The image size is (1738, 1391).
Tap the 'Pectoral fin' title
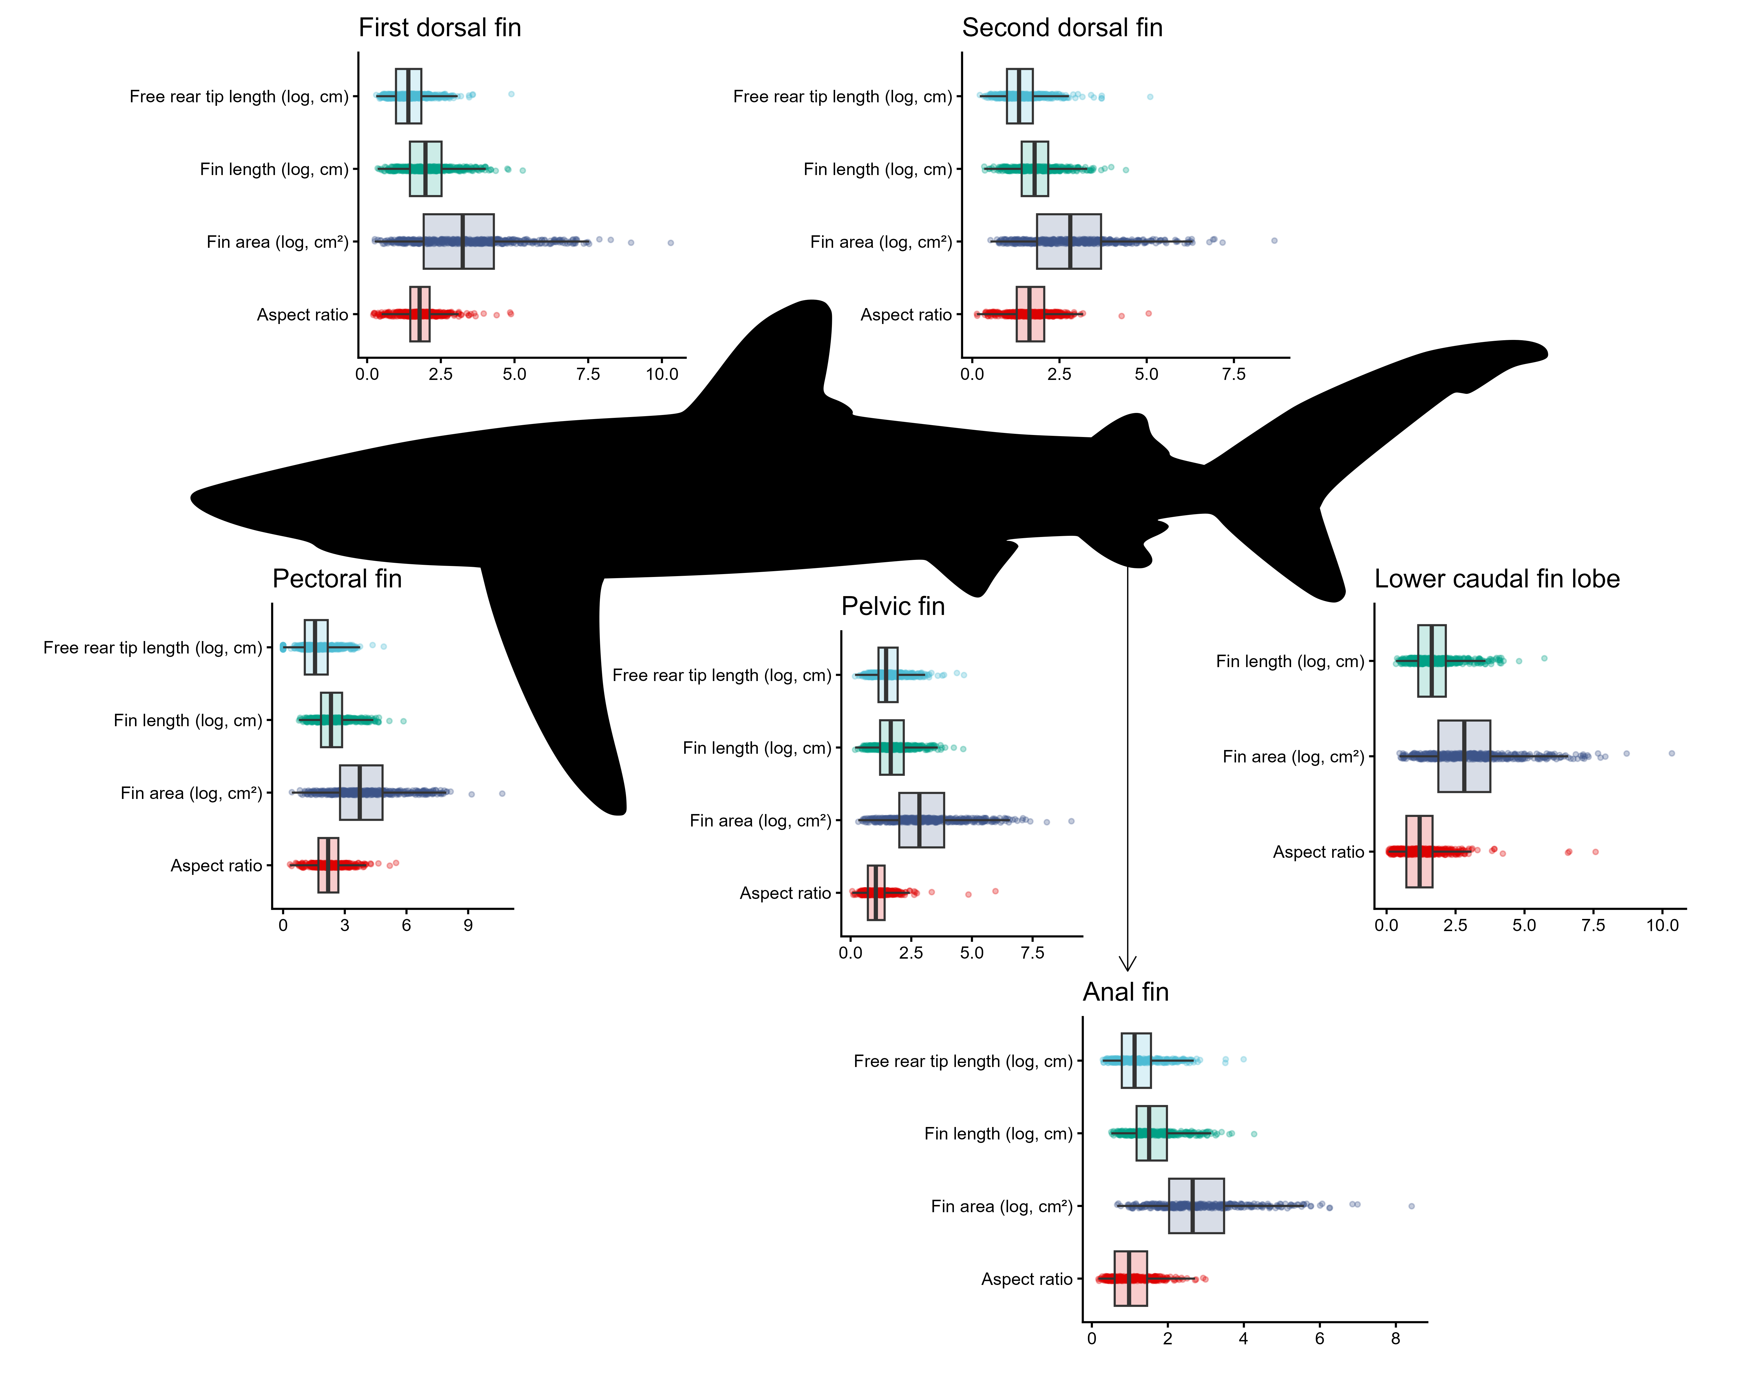pos(337,579)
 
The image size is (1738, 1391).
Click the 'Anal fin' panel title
pos(1125,992)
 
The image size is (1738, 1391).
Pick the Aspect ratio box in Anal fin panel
pos(1130,1278)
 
